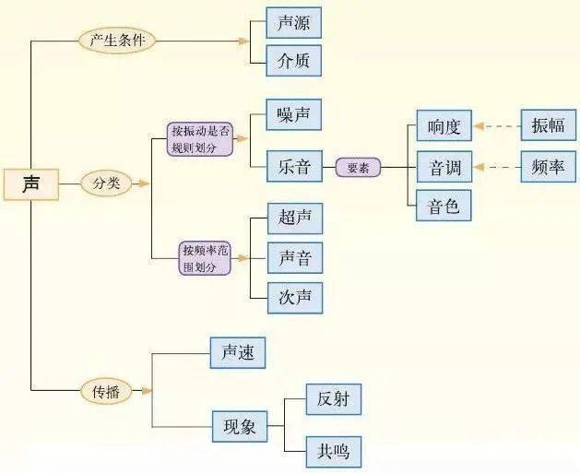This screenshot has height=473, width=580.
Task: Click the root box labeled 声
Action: (x=31, y=183)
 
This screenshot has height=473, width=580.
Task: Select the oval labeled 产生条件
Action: (x=117, y=41)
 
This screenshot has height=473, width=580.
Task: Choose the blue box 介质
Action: (x=293, y=62)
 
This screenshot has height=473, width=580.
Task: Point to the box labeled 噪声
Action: (x=293, y=116)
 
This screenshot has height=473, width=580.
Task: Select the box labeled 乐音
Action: (x=293, y=168)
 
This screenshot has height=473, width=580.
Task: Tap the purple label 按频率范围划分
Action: (x=205, y=258)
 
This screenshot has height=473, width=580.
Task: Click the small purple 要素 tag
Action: (x=358, y=168)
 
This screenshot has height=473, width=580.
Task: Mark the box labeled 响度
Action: (x=444, y=126)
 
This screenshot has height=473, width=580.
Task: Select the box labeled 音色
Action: (x=444, y=205)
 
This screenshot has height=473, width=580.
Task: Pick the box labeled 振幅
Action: (x=548, y=126)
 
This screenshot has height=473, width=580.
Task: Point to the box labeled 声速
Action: (x=238, y=352)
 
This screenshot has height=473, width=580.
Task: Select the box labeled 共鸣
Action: (x=333, y=451)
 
